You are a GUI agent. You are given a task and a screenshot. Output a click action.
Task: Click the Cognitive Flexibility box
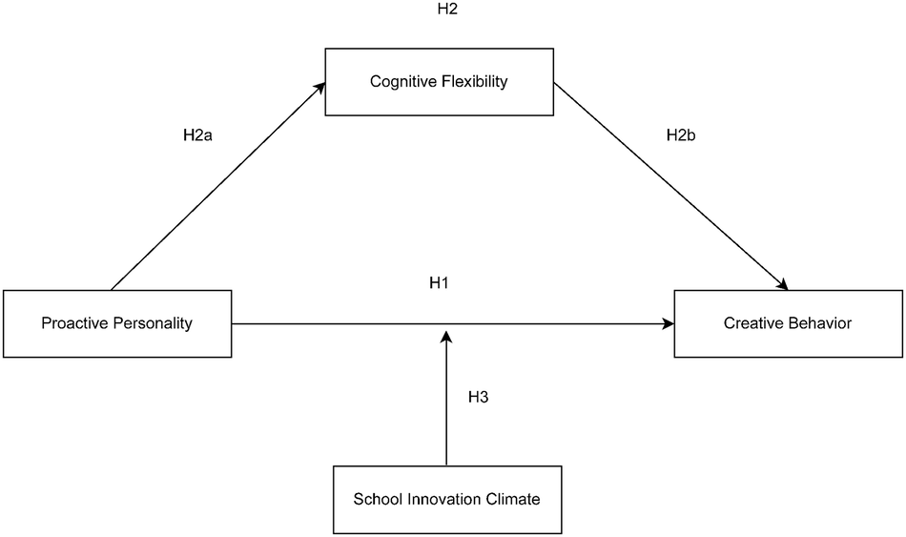click(439, 81)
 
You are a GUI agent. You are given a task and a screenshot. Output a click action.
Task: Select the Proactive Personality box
click(116, 323)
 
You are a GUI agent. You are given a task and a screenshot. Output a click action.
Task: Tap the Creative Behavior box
click(788, 323)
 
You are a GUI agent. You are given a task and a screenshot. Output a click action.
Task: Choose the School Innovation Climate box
click(446, 499)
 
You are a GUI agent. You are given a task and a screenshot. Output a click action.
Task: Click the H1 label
click(440, 283)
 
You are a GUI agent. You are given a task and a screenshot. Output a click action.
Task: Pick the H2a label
click(197, 135)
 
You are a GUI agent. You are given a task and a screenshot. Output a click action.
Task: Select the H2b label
click(681, 135)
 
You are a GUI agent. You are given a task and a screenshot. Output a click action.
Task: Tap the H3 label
click(478, 397)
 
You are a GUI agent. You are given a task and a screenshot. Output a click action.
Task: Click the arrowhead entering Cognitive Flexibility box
click(319, 87)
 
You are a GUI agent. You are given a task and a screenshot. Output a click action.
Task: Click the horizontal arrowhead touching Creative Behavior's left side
click(669, 324)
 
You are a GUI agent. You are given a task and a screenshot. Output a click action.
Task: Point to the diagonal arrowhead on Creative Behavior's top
click(783, 284)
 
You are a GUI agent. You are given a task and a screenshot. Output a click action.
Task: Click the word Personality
click(154, 323)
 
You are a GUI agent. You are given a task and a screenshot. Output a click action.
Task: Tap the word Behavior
click(819, 323)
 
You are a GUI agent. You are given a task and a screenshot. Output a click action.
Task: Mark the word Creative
click(753, 323)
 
